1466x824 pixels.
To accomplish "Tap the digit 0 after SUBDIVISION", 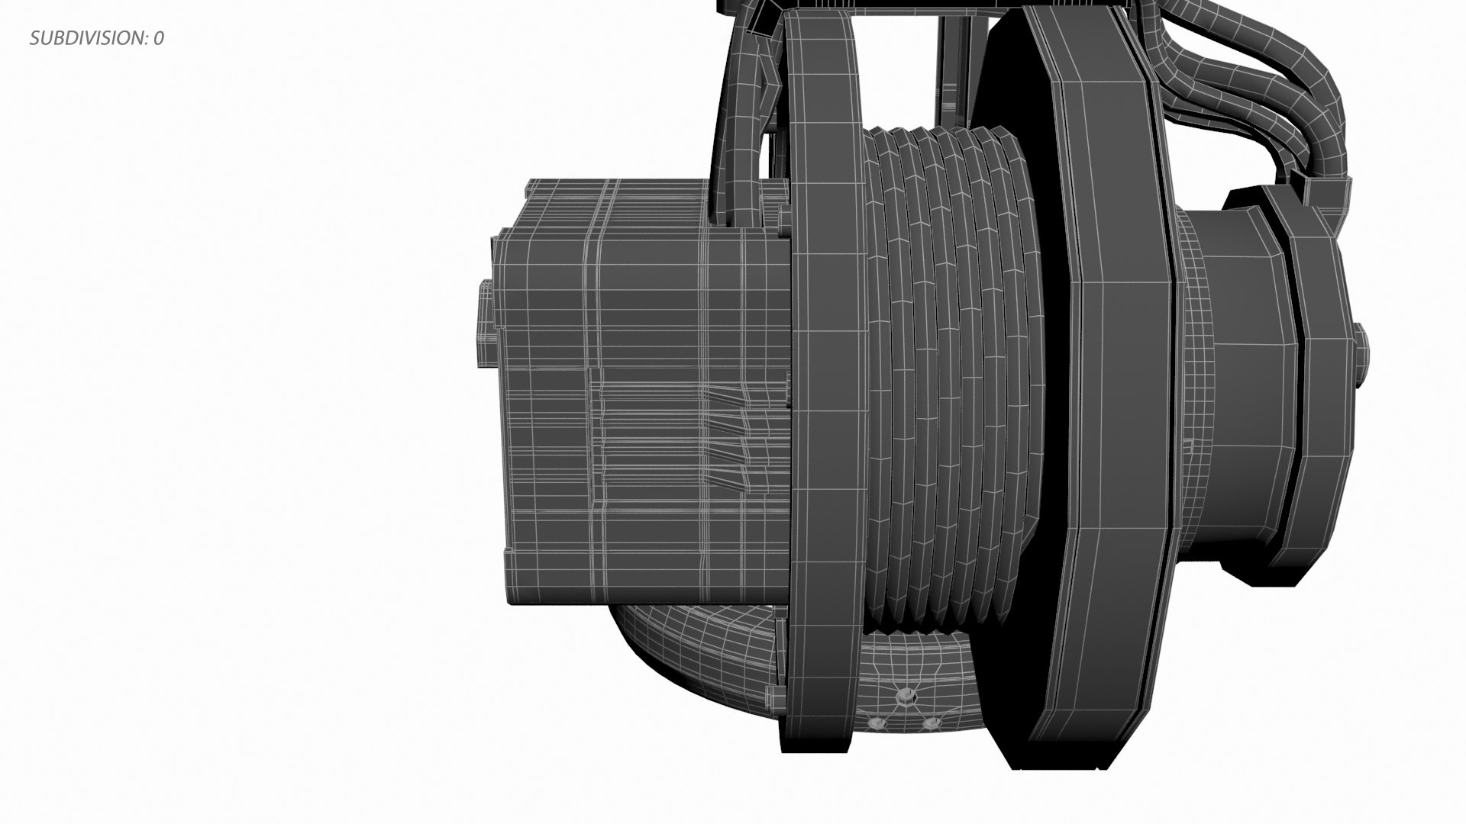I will tap(158, 38).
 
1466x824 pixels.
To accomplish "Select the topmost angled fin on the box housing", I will tap(733, 397).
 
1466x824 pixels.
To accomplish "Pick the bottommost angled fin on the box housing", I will tap(733, 479).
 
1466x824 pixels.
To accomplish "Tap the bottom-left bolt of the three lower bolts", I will tap(878, 723).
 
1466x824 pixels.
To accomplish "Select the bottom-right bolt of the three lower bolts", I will tap(932, 723).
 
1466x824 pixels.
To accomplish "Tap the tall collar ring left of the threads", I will tap(828, 381).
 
